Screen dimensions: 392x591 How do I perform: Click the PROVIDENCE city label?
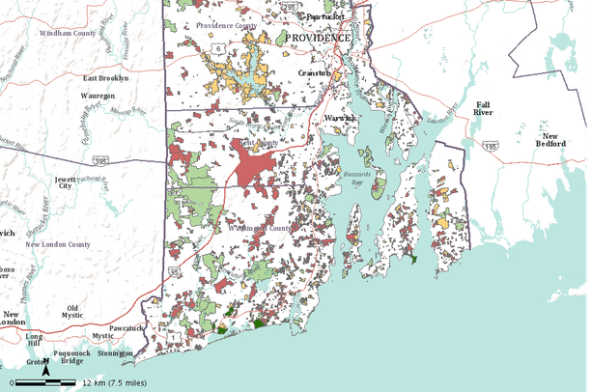point(319,37)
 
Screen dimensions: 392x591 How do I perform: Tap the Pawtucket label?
point(326,16)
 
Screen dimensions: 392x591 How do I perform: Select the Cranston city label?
point(315,72)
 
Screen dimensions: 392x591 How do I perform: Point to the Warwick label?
point(340,118)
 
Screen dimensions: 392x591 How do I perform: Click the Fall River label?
point(484,108)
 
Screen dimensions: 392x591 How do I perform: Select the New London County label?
point(58,245)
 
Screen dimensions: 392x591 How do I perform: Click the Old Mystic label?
point(71,312)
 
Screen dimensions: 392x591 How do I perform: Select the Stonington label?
point(115,354)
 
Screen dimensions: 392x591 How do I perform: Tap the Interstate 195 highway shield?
point(492,146)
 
